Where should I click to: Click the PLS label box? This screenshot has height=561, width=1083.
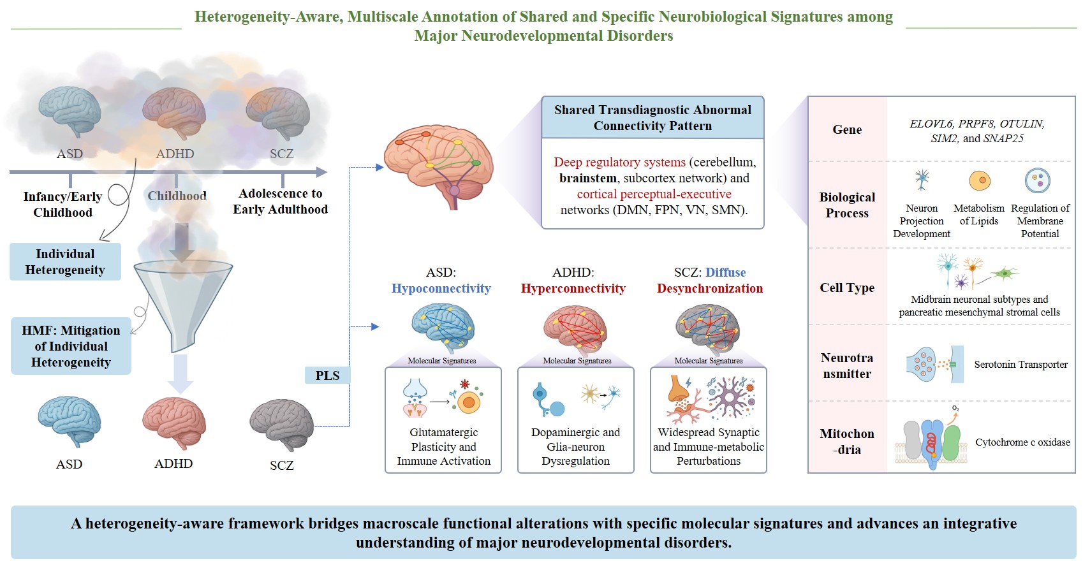click(327, 375)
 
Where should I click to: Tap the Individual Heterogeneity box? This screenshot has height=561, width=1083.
click(65, 262)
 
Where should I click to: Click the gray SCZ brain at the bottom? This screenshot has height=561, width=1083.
click(281, 425)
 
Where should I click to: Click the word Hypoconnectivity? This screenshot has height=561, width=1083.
click(441, 288)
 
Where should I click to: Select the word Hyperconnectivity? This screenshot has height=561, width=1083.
click(573, 288)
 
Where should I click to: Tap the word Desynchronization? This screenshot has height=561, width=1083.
click(709, 288)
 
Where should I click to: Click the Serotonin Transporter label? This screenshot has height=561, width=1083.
click(1020, 365)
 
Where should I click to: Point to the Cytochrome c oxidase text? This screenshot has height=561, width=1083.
click(1022, 442)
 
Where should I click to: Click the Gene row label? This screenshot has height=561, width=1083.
click(847, 129)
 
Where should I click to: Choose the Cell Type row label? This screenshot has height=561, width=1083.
click(847, 288)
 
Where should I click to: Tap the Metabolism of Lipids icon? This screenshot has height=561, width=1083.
click(980, 181)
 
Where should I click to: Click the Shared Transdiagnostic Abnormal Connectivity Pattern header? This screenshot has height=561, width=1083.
click(652, 118)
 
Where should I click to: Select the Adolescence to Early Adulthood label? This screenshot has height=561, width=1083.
click(280, 201)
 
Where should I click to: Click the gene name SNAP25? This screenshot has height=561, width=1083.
click(1003, 138)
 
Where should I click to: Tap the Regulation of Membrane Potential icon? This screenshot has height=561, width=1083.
click(1038, 181)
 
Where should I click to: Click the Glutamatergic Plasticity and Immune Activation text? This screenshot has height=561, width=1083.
click(443, 446)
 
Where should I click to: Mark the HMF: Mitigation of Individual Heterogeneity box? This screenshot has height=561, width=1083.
click(71, 346)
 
